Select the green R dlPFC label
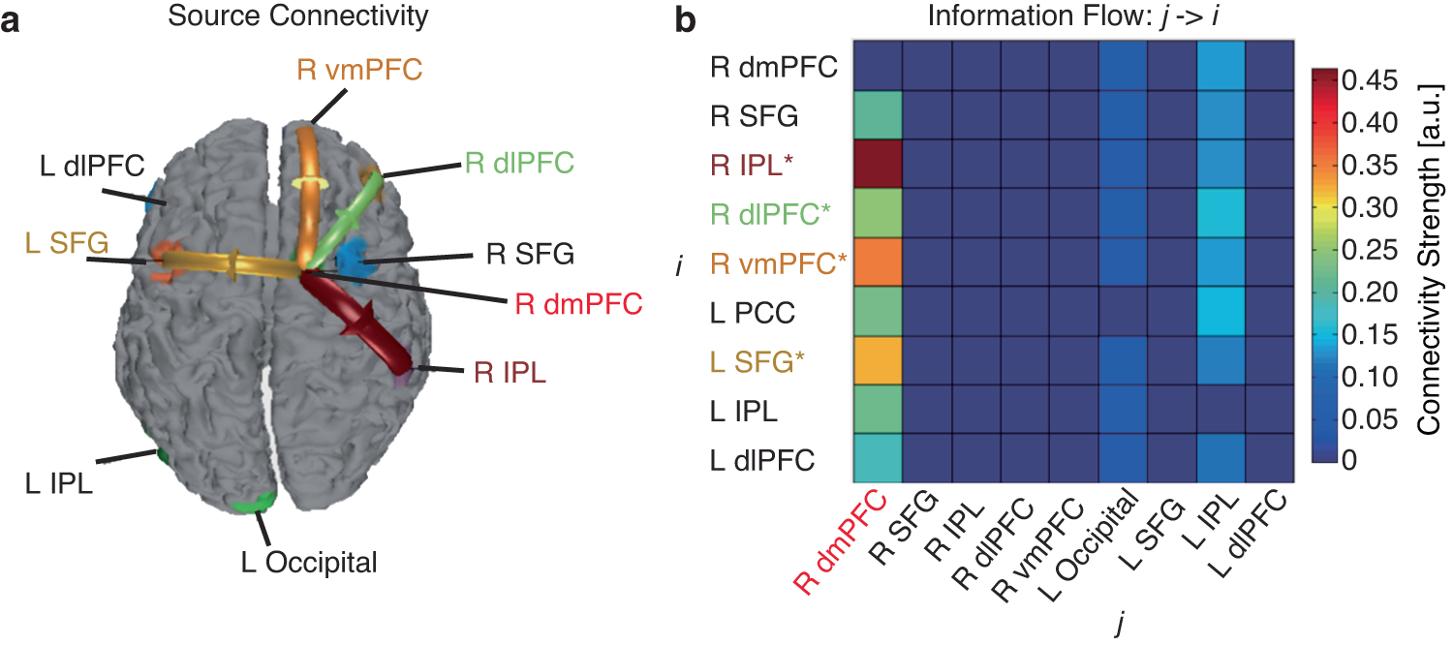(519, 161)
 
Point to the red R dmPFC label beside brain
(578, 305)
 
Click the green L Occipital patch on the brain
(255, 502)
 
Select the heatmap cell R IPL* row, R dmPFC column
(878, 164)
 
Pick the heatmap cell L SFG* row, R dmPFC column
(878, 360)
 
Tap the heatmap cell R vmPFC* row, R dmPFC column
(878, 261)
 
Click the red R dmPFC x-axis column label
(841, 539)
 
